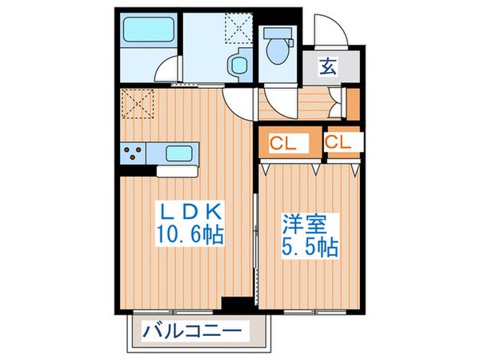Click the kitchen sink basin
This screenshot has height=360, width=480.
(175, 151)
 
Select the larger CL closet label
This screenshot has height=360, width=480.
(280, 145)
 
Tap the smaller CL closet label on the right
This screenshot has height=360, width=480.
(338, 144)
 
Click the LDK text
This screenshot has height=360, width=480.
(190, 214)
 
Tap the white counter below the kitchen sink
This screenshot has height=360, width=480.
(175, 170)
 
